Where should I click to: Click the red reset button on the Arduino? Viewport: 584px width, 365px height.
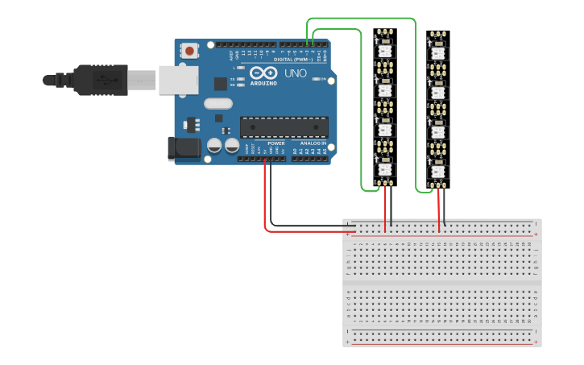click(x=189, y=51)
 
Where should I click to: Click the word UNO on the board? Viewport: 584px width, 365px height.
click(x=295, y=74)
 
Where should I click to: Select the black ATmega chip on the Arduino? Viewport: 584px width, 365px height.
click(x=284, y=127)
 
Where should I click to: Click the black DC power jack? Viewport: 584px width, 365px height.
click(x=182, y=147)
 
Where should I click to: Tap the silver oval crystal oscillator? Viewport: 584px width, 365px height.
click(x=217, y=103)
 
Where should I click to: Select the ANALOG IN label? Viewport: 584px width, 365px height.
click(x=313, y=143)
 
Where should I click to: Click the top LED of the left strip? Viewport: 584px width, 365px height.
click(x=385, y=48)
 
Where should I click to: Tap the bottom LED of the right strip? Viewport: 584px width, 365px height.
click(x=438, y=171)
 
